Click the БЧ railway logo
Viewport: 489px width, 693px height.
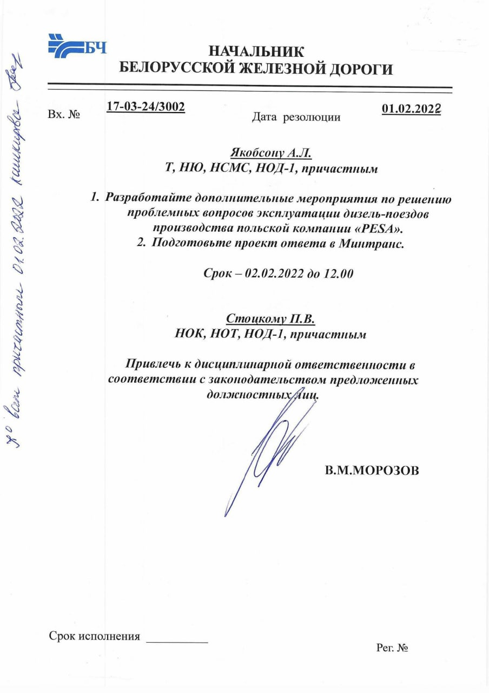pyautogui.click(x=77, y=46)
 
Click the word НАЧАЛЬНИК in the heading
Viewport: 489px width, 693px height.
pyautogui.click(x=256, y=52)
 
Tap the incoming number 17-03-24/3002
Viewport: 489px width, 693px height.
pyautogui.click(x=146, y=107)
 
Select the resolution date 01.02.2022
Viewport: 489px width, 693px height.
pyautogui.click(x=412, y=109)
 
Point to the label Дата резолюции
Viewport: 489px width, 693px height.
pyautogui.click(x=296, y=117)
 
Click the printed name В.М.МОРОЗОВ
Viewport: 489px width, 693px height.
pyautogui.click(x=372, y=470)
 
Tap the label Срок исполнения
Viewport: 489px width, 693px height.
pyautogui.click(x=94, y=636)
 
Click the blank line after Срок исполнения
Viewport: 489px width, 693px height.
pyautogui.click(x=177, y=640)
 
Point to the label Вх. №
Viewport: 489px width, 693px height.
pyautogui.click(x=64, y=115)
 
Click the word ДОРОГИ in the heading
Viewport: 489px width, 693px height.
pyautogui.click(x=359, y=69)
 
